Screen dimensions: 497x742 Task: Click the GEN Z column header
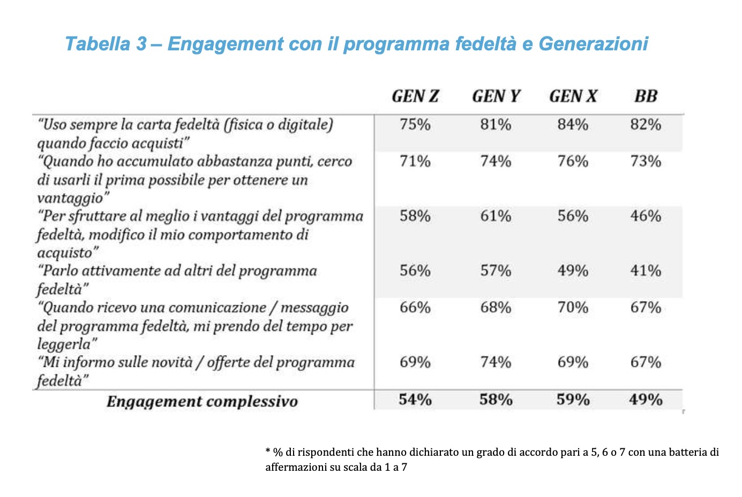415,96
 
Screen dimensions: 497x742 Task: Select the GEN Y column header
496,96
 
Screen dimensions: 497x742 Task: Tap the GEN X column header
573,96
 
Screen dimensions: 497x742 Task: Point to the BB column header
646,96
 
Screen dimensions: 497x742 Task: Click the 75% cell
415,125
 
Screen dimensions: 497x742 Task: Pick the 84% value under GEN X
573,125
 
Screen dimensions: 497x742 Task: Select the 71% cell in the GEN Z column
415,161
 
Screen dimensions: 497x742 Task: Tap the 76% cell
573,161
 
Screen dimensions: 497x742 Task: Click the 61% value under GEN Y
496,216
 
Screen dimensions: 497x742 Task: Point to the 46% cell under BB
646,216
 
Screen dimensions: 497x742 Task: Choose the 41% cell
646,271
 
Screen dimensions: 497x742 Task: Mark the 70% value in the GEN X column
573,307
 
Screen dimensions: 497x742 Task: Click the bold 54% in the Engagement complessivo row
415,400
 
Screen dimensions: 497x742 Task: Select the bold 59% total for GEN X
573,400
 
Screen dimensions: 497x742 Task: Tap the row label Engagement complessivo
202,402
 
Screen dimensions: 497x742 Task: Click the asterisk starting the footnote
268,451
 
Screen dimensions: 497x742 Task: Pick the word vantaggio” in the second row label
73,198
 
